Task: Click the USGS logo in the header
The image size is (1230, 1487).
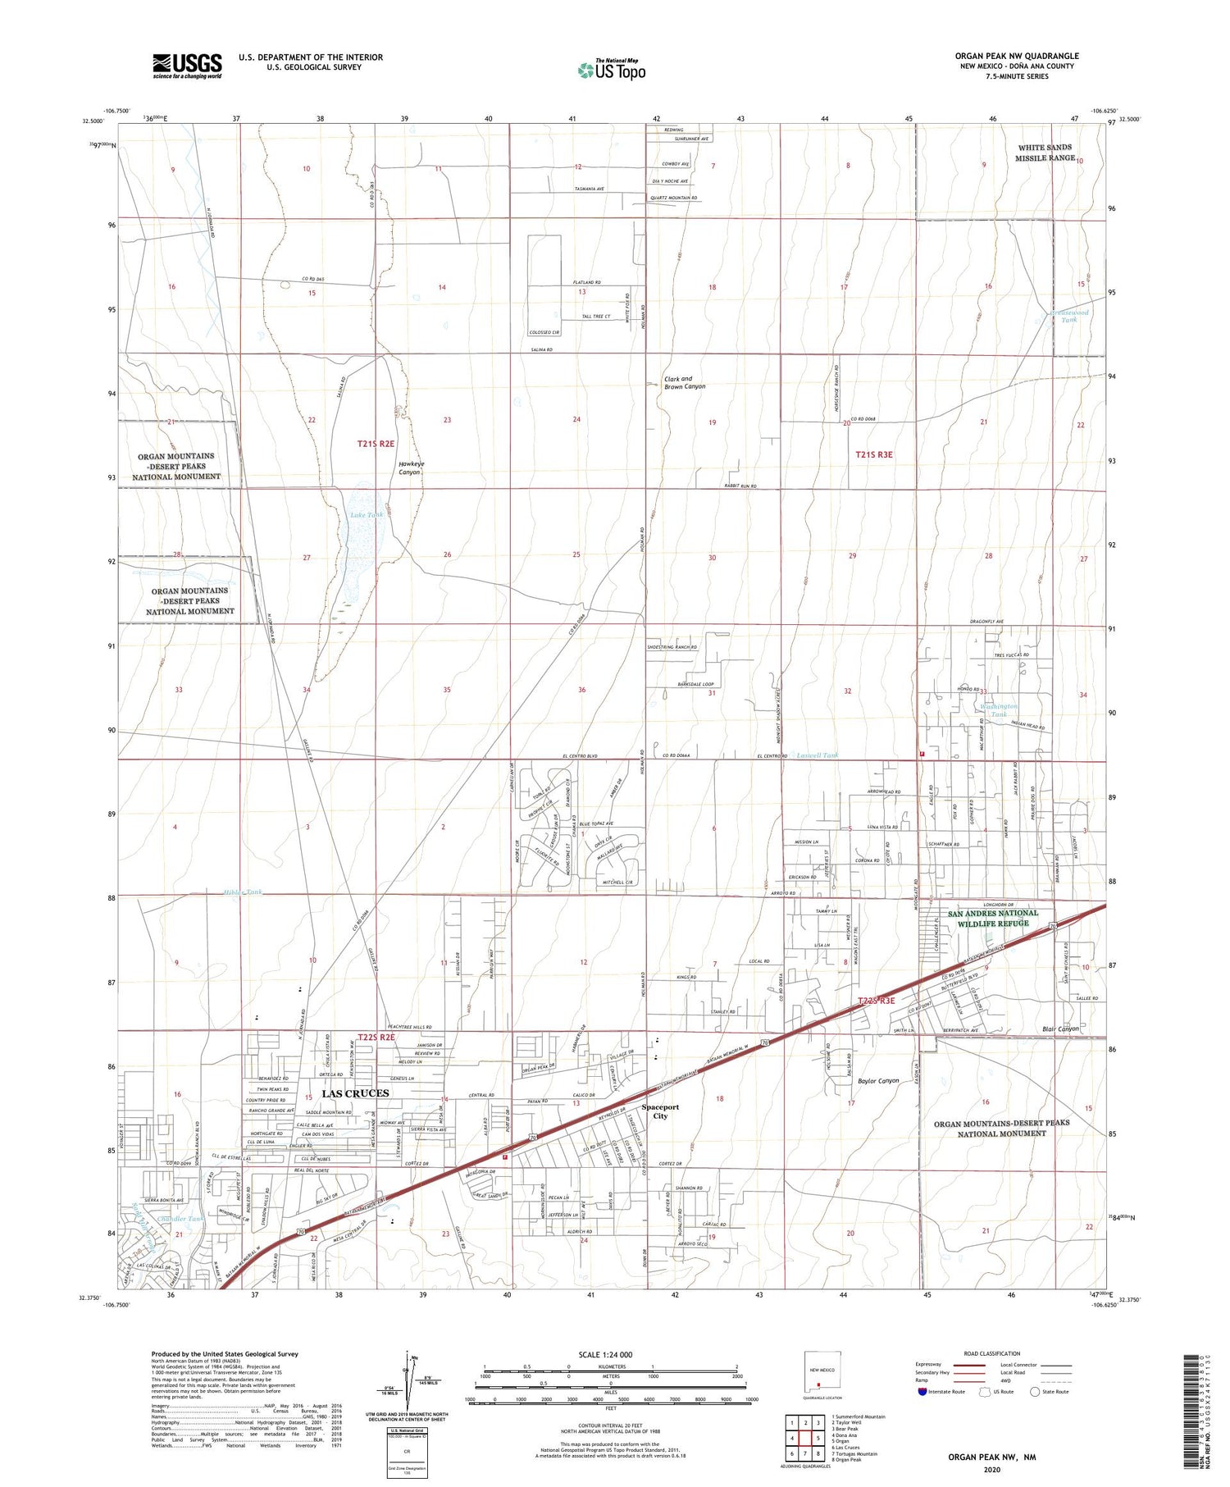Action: click(x=187, y=66)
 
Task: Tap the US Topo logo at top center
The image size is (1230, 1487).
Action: click(x=611, y=71)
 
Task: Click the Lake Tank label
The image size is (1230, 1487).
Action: click(x=367, y=515)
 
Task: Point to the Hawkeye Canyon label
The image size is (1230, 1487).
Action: click(x=411, y=468)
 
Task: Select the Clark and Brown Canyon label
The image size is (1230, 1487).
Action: click(x=684, y=382)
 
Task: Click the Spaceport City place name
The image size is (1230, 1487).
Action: click(x=660, y=1111)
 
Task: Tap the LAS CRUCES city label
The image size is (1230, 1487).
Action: click(x=355, y=1093)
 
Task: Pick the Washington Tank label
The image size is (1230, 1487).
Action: click(x=998, y=709)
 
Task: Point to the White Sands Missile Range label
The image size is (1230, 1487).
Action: click(x=1045, y=153)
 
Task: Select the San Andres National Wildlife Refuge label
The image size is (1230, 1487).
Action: click(x=993, y=918)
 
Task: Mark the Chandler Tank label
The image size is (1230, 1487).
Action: click(x=180, y=1219)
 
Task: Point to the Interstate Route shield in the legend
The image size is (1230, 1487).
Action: click(x=922, y=1391)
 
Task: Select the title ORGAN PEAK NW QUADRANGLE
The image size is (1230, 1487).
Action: click(x=1016, y=57)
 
